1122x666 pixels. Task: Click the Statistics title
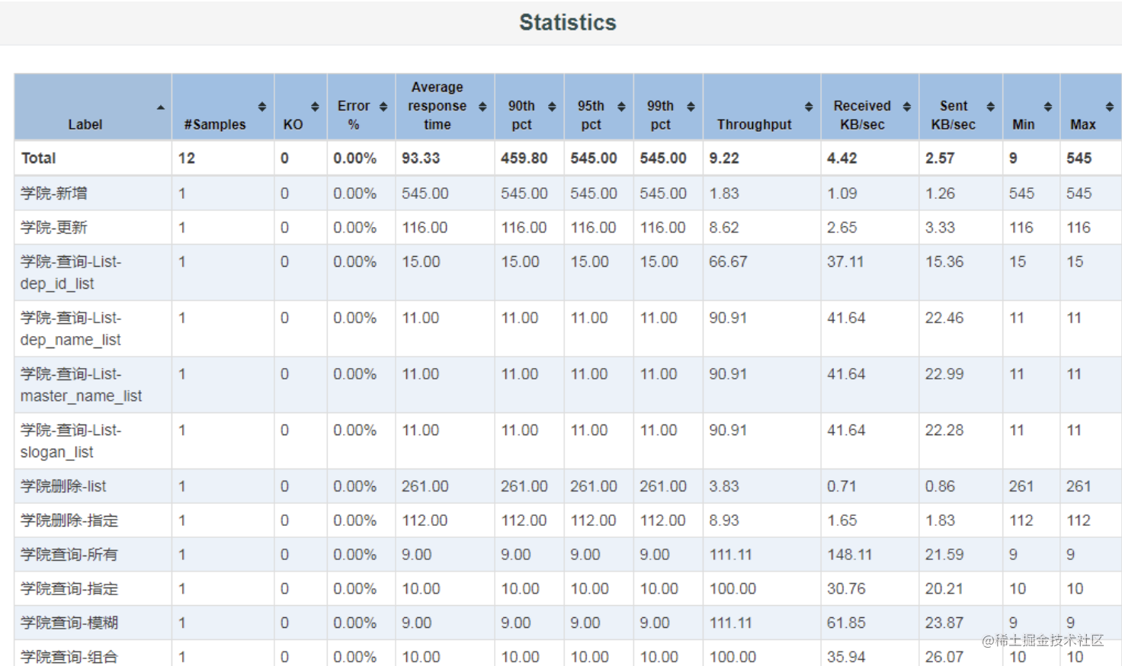tap(567, 23)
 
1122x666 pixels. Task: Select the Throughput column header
tap(754, 124)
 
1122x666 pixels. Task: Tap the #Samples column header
tap(215, 124)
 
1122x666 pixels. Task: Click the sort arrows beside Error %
tap(383, 107)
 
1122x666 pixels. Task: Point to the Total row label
tap(39, 158)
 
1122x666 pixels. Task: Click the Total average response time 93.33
tap(421, 158)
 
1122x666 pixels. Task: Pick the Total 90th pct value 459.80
tap(524, 158)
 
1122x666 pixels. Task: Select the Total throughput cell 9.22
tap(724, 158)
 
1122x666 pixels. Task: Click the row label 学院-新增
tap(54, 194)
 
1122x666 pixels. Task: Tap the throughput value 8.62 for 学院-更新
tap(724, 227)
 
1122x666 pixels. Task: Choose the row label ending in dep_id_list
tap(71, 273)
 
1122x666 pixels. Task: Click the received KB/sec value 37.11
tap(845, 261)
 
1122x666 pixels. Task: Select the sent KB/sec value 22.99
tap(944, 374)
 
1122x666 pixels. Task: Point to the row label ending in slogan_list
tap(71, 441)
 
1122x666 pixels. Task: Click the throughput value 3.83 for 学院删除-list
tap(724, 486)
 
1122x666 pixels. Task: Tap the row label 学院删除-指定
tap(69, 520)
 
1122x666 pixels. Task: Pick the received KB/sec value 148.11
tap(849, 555)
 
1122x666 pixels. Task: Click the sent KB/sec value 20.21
tap(944, 589)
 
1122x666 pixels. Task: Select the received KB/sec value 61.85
tap(846, 623)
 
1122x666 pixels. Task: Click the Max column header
tap(1082, 124)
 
